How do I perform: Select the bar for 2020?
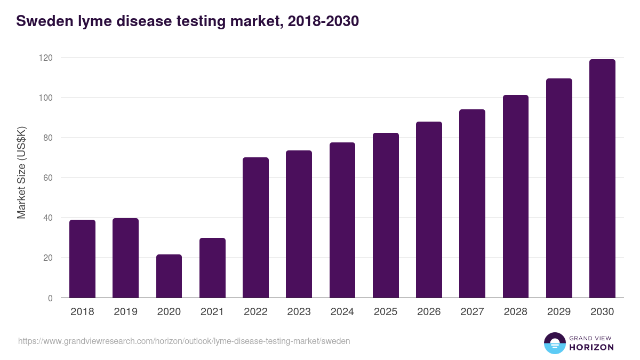tap(169, 276)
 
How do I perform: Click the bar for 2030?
tap(602, 179)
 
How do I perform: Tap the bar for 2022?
tap(255, 228)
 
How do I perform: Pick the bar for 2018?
tap(82, 259)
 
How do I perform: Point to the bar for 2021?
tap(212, 268)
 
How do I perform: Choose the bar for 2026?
tap(429, 210)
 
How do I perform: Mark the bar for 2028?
tap(516, 196)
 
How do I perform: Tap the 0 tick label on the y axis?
tap(50, 298)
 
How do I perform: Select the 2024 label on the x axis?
tap(342, 312)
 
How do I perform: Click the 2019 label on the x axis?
tap(125, 312)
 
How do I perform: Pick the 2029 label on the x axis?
tap(559, 312)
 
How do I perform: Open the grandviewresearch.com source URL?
tap(184, 341)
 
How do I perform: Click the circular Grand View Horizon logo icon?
tap(555, 343)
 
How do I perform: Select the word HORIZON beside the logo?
tap(591, 347)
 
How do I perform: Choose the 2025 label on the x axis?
tap(386, 312)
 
